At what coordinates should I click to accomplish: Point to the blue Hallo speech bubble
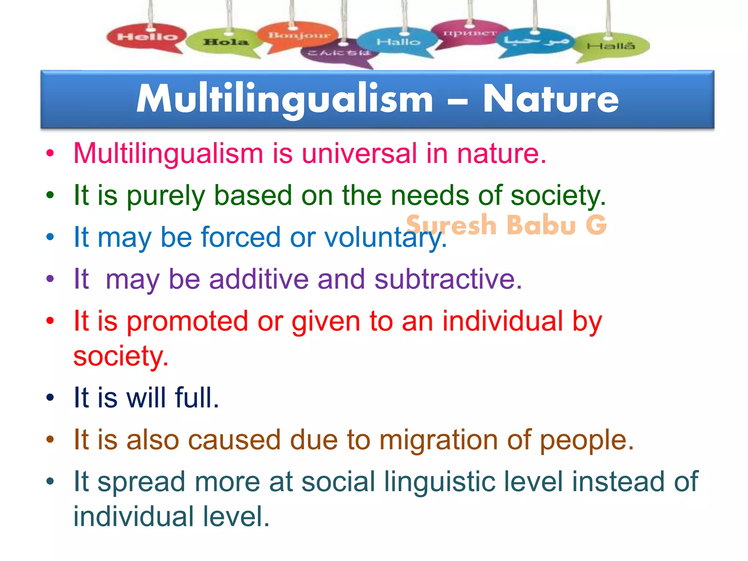(x=398, y=42)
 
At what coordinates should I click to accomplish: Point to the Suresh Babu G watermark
(x=506, y=224)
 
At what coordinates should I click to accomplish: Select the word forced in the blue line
(x=241, y=237)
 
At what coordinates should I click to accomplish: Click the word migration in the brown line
(x=438, y=440)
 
